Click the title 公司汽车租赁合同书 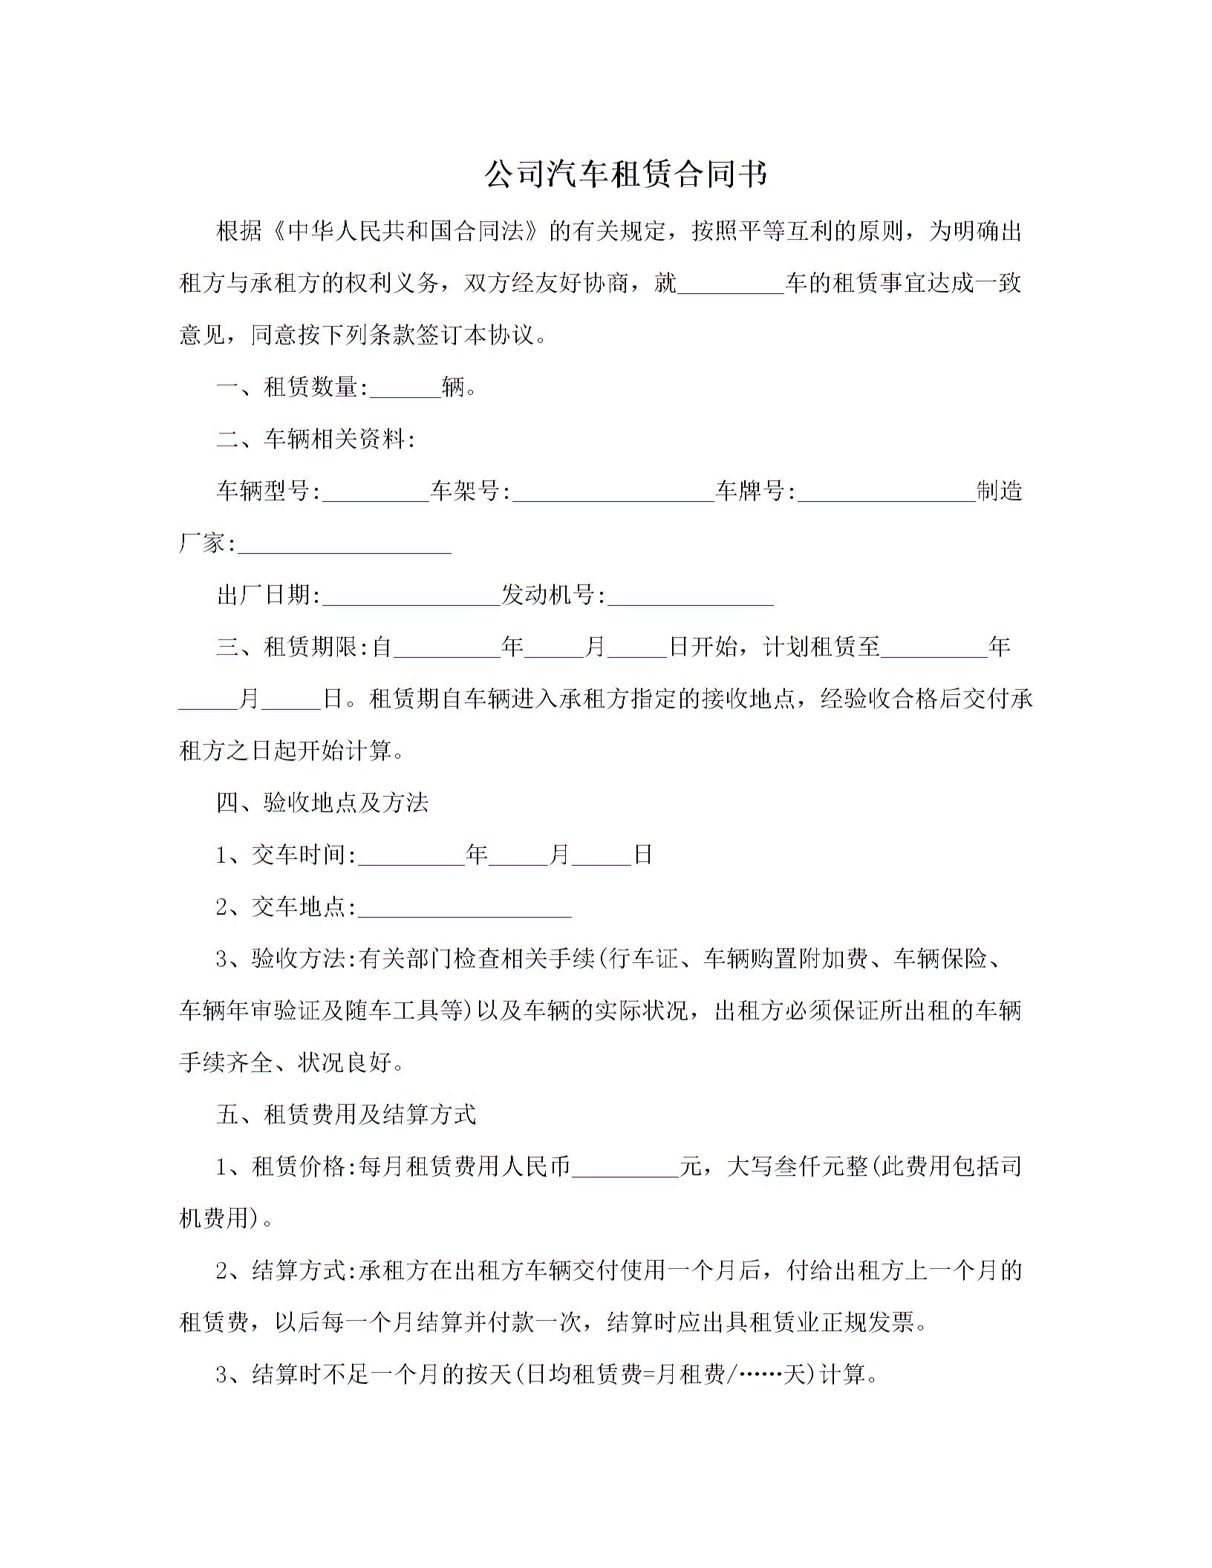pos(625,175)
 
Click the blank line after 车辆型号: pos(376,492)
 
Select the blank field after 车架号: pos(613,492)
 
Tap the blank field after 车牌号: pos(886,492)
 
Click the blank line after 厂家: pos(345,544)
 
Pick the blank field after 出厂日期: pos(411,596)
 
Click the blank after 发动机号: pos(691,596)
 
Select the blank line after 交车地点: pos(465,908)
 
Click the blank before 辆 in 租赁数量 pos(405,388)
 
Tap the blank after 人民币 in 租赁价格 pos(625,1168)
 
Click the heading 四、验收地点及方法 pos(322,803)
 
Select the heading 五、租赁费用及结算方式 pos(346,1115)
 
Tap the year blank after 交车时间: pos(411,856)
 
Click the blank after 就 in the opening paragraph pos(732,284)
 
